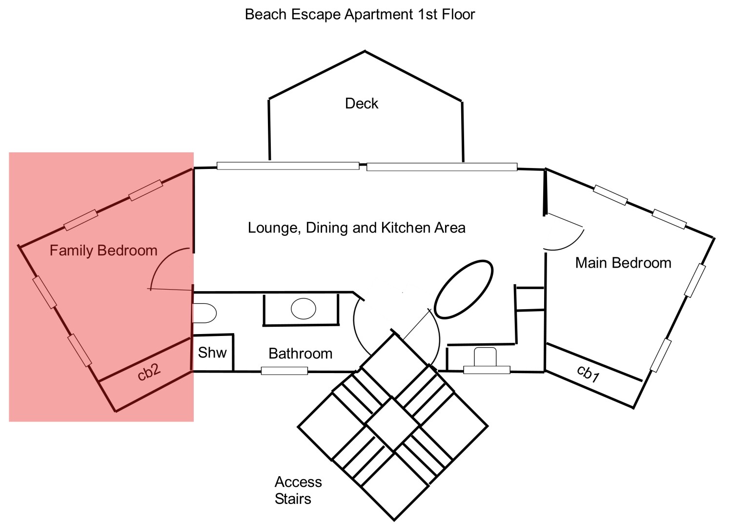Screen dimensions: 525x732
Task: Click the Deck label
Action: [361, 104]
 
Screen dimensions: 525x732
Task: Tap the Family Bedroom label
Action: [103, 251]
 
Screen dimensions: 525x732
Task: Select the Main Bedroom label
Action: [623, 263]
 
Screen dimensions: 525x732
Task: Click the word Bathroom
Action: [300, 354]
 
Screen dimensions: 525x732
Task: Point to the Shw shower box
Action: [213, 353]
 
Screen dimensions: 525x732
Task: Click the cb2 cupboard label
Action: [149, 372]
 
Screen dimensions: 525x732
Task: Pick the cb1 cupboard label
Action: [588, 374]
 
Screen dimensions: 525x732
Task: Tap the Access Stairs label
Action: [298, 490]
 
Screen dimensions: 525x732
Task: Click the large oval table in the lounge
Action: [464, 289]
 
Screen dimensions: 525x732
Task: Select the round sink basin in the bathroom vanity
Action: [303, 309]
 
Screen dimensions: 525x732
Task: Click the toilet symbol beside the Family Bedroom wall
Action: [204, 313]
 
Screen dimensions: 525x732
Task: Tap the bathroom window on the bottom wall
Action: [284, 371]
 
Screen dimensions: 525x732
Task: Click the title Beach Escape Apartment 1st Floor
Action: [360, 15]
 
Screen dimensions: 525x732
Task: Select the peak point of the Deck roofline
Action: [365, 51]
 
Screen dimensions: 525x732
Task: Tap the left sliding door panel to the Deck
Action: [288, 166]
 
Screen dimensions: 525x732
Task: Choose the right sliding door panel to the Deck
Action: [442, 167]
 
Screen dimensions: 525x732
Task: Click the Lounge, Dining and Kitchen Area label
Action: [356, 228]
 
